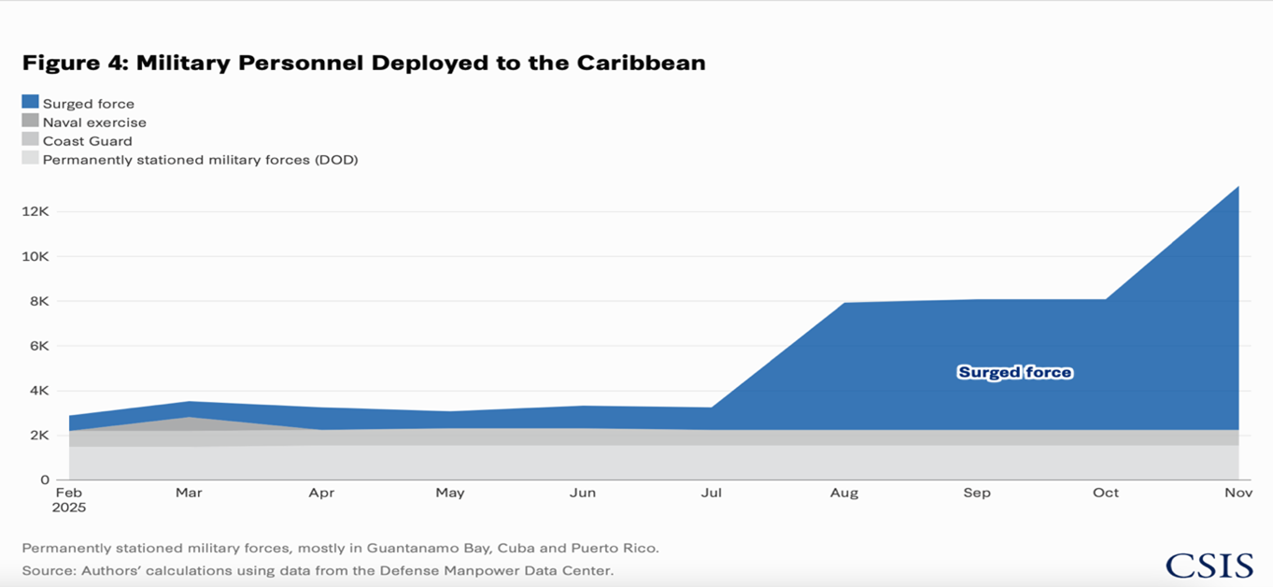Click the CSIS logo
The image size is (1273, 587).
pyautogui.click(x=1209, y=565)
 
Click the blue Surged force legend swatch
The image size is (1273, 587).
pyautogui.click(x=30, y=103)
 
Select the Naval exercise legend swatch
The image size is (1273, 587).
pyautogui.click(x=30, y=122)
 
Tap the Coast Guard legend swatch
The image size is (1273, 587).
pyautogui.click(x=30, y=140)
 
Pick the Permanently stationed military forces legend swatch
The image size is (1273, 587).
pyautogui.click(x=30, y=159)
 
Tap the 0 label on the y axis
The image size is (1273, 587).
pyautogui.click(x=44, y=480)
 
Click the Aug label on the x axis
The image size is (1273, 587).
pyautogui.click(x=843, y=493)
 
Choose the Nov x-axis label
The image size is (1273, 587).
pyautogui.click(x=1238, y=493)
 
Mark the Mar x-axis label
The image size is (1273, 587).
pyautogui.click(x=189, y=493)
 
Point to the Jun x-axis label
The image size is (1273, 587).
pyautogui.click(x=582, y=493)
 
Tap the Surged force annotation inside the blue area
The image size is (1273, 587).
pyautogui.click(x=1014, y=373)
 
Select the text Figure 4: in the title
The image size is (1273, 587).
pyautogui.click(x=75, y=64)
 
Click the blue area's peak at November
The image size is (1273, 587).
pyautogui.click(x=1238, y=188)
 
